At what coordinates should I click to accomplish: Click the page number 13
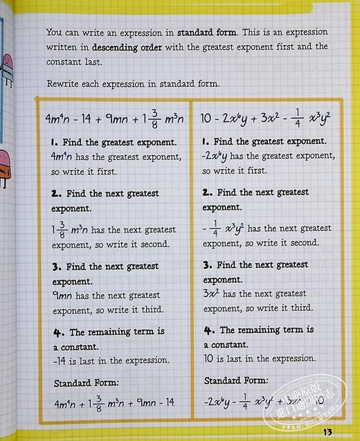(327, 433)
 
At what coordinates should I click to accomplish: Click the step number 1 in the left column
(54, 142)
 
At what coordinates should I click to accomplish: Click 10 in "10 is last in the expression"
(210, 359)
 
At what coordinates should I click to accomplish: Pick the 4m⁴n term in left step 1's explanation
(63, 156)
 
